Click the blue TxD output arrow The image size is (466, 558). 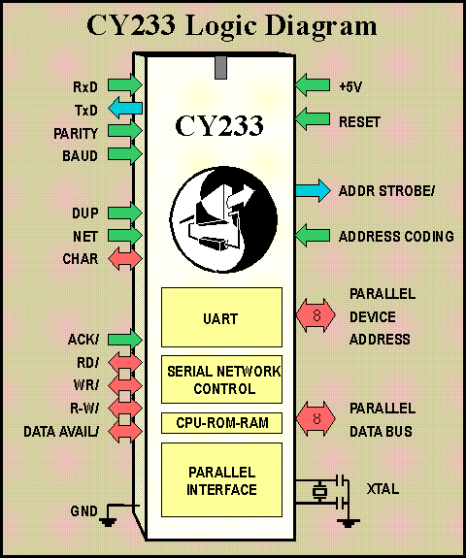125,108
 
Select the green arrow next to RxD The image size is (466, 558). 125,85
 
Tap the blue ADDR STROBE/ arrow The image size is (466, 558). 314,191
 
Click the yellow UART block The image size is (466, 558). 221,317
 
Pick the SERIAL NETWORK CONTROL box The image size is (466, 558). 221,379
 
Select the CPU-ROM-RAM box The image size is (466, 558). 221,423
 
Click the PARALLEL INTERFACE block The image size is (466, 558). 221,479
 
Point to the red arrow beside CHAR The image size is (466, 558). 125,259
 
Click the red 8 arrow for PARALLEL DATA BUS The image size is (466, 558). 316,419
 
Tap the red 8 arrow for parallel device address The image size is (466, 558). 316,315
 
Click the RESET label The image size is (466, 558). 359,122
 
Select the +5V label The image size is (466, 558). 350,86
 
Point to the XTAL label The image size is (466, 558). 383,489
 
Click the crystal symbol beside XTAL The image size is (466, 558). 319,492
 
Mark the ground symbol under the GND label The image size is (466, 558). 108,522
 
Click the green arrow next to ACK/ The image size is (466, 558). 125,339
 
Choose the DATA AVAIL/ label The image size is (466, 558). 61,432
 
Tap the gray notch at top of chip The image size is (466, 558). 220,67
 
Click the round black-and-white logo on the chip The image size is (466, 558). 223,219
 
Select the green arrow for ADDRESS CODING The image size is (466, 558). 313,235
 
